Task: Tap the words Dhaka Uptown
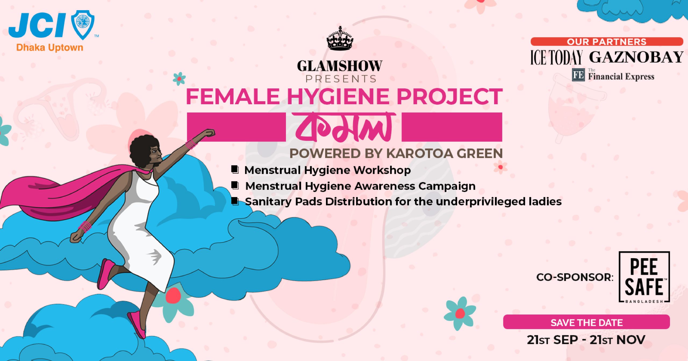(x=50, y=48)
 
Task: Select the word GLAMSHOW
(x=340, y=66)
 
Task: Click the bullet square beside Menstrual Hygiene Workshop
(x=235, y=170)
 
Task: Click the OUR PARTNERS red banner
(x=607, y=42)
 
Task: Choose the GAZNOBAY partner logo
(x=636, y=57)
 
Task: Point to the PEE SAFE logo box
(x=644, y=277)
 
